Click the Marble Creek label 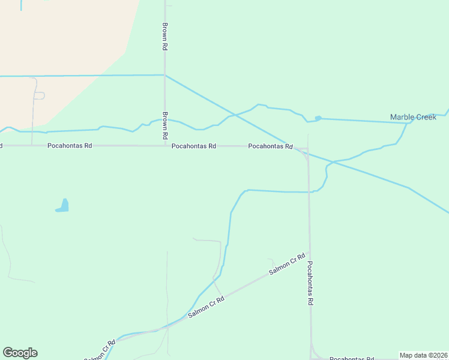pyautogui.click(x=413, y=117)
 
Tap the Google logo pyautogui.click(x=20, y=353)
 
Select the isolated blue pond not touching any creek pyautogui.click(x=62, y=206)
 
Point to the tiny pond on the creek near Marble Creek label pyautogui.click(x=318, y=118)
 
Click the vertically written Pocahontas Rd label pyautogui.click(x=310, y=283)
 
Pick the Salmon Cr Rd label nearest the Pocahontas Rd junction pyautogui.click(x=288, y=265)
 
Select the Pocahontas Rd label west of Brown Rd pyautogui.click(x=71, y=146)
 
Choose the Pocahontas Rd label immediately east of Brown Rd pyautogui.click(x=193, y=146)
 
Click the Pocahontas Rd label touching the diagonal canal pyautogui.click(x=270, y=146)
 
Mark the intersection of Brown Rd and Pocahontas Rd pyautogui.click(x=164, y=146)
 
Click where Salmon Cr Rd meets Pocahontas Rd pyautogui.click(x=309, y=253)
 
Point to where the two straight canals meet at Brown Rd pyautogui.click(x=164, y=75)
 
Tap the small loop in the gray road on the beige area pyautogui.click(x=39, y=95)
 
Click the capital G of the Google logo pyautogui.click(x=8, y=353)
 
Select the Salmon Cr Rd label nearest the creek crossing pyautogui.click(x=206, y=307)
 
